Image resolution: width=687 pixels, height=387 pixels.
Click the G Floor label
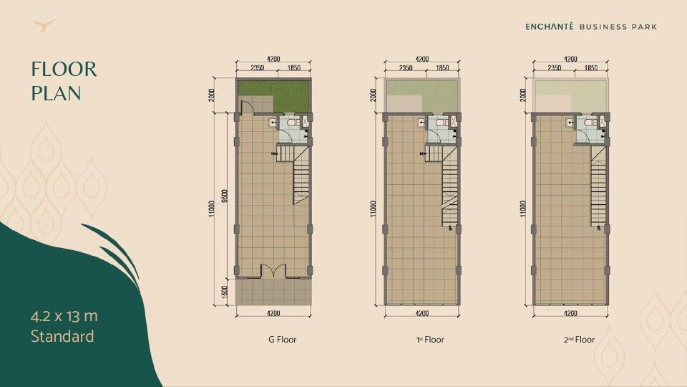point(277,340)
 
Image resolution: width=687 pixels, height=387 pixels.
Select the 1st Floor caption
point(430,340)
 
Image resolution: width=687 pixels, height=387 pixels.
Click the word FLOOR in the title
point(63,70)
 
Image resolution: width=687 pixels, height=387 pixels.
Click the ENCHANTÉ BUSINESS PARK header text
point(591,27)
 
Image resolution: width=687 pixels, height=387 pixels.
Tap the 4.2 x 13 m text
point(64,315)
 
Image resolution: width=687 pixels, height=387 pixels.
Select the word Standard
point(62,335)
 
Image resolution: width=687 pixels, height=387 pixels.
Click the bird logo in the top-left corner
point(45,26)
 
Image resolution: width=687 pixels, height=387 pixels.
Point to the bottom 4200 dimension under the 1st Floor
point(422,313)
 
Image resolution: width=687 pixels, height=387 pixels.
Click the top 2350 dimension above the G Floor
point(257,67)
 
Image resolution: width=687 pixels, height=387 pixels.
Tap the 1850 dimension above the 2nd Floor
point(591,67)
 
